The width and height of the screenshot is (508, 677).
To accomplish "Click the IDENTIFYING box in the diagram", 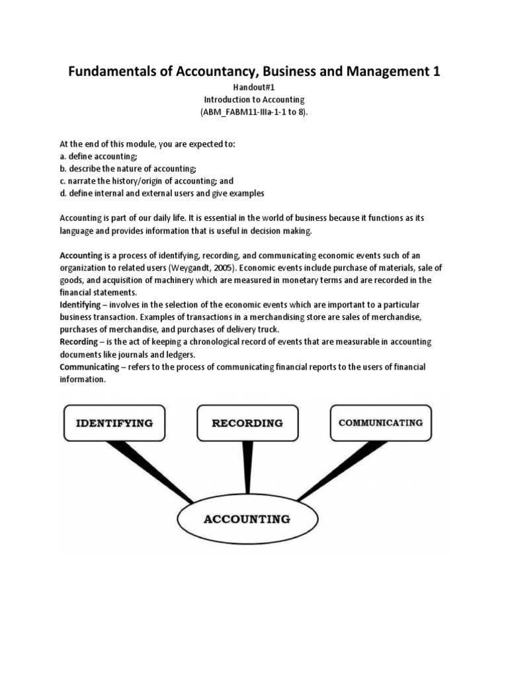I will pyautogui.click(x=114, y=423).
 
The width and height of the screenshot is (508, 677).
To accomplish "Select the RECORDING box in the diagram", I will pyautogui.click(x=247, y=423).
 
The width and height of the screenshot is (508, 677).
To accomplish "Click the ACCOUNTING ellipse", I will pyautogui.click(x=247, y=519).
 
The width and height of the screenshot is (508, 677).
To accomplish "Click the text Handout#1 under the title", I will pyautogui.click(x=254, y=87).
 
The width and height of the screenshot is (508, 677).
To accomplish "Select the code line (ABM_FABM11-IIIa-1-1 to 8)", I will pyautogui.click(x=254, y=112).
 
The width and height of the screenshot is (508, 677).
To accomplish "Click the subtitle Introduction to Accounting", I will pyautogui.click(x=254, y=100).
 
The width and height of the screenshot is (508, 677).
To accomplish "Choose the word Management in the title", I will pyautogui.click(x=386, y=71).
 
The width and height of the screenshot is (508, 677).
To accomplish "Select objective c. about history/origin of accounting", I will pyautogui.click(x=146, y=180).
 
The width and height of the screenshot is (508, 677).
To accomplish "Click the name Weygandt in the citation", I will pyautogui.click(x=192, y=268).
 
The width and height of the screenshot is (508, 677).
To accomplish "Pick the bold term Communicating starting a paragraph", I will pyautogui.click(x=89, y=367).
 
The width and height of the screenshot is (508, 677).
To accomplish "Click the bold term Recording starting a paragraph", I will pyautogui.click(x=78, y=342).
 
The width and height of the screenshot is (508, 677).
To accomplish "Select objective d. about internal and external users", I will pyautogui.click(x=162, y=193).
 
